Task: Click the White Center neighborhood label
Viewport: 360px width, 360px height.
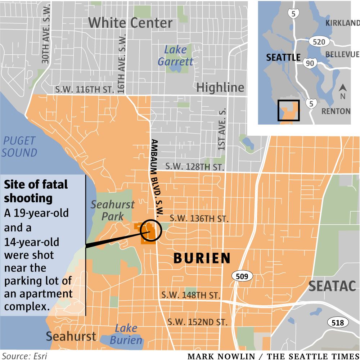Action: [x=130, y=23]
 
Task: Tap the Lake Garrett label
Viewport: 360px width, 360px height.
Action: [x=176, y=55]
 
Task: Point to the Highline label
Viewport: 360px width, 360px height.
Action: [x=220, y=87]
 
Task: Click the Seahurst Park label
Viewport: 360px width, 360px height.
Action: [x=112, y=211]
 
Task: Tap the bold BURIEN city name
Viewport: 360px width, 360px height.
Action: [x=202, y=258]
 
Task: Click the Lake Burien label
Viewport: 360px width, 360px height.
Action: [x=126, y=334]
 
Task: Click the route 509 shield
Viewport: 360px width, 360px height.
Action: [x=242, y=276]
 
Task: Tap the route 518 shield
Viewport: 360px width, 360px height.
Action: [x=337, y=323]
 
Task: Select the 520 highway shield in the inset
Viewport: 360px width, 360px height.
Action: [x=319, y=42]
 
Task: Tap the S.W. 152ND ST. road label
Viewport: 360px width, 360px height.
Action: [x=198, y=321]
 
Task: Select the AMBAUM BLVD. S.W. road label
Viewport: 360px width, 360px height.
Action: [x=157, y=178]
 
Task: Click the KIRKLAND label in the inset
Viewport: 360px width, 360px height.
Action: [x=342, y=23]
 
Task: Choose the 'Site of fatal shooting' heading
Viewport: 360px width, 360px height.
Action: [x=36, y=191]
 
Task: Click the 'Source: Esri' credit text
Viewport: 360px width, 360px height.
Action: [x=24, y=356]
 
